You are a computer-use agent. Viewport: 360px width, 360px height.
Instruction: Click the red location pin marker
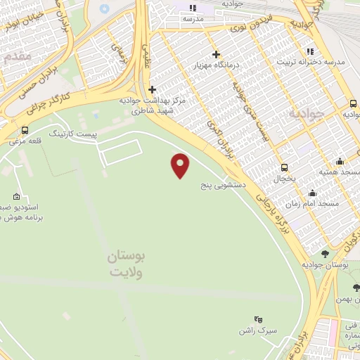(181, 165)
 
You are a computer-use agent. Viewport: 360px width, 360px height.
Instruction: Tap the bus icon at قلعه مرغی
(25, 130)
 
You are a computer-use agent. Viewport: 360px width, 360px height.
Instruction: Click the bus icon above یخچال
(284, 167)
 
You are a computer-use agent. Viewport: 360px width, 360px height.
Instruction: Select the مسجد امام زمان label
(308, 204)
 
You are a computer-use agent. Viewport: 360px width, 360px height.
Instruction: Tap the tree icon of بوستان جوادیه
(324, 253)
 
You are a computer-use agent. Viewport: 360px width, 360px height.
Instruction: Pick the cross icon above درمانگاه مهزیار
(216, 54)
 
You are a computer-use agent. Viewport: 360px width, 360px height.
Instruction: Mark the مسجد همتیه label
(345, 173)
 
